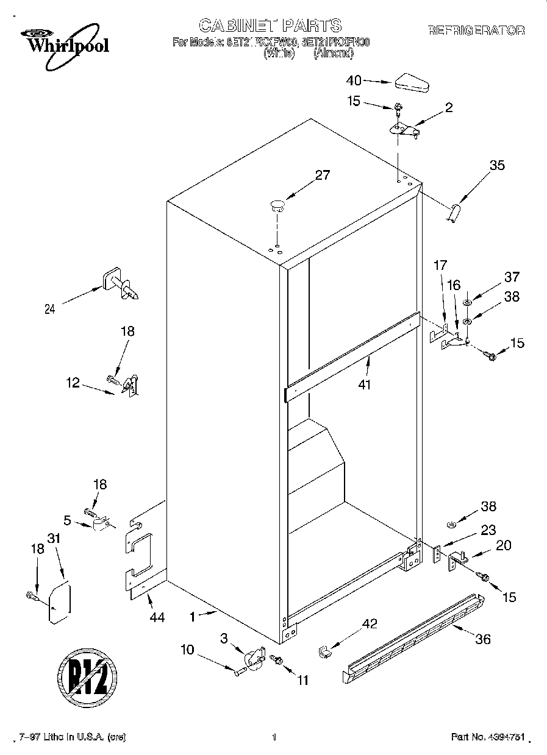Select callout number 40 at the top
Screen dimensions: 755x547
click(354, 80)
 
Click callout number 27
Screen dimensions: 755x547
click(322, 175)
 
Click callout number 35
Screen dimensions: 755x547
click(497, 165)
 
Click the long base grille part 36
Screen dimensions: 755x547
click(415, 637)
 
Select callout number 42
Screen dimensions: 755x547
click(370, 623)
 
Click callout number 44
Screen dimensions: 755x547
click(157, 618)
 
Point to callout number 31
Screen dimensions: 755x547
click(55, 539)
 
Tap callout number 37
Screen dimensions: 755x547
click(512, 277)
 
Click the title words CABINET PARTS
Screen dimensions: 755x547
click(270, 25)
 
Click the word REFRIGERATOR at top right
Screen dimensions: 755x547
click(476, 30)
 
